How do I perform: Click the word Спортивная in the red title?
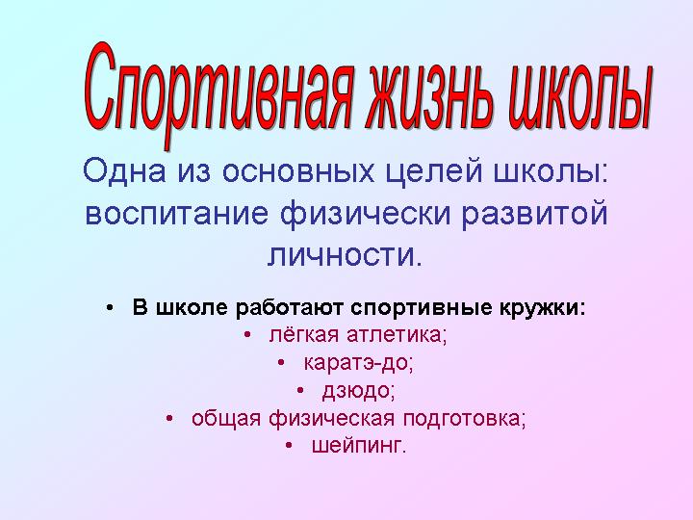click(219, 95)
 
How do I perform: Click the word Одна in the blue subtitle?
click(124, 170)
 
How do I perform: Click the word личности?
click(342, 256)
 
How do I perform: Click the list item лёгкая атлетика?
click(357, 335)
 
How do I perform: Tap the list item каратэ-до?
click(358, 363)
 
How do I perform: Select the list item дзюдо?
click(358, 391)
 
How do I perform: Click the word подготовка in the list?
click(464, 418)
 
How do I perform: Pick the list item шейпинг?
click(358, 446)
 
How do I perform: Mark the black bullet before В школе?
click(110, 308)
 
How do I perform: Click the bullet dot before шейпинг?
click(289, 446)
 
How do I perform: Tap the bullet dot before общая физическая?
click(169, 418)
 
